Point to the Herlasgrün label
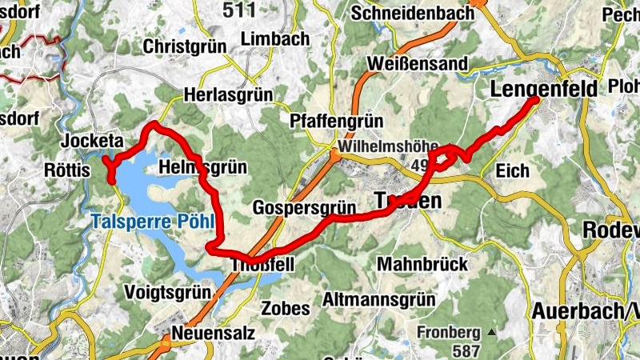[228, 94]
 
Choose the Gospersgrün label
[303, 207]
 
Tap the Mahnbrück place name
[415, 263]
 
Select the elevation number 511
[239, 10]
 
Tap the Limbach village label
[274, 39]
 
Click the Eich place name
[513, 170]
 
